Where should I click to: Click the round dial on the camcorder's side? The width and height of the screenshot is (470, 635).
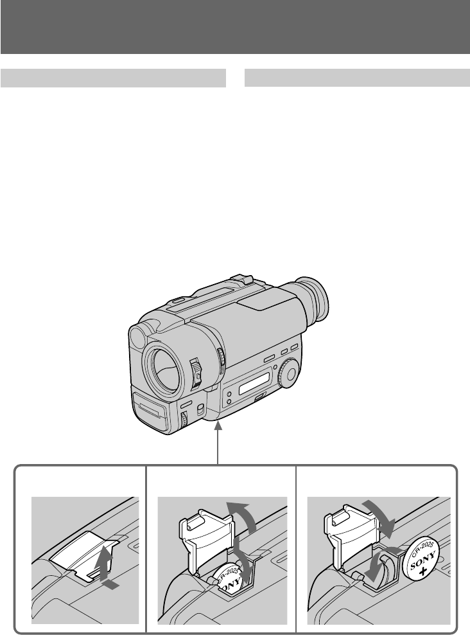[289, 373]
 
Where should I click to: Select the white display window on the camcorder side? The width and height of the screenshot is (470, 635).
[254, 384]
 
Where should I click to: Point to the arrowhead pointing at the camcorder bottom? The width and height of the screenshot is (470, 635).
[218, 426]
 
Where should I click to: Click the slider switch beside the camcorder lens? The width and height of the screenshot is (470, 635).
[196, 371]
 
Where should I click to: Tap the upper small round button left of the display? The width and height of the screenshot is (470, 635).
[229, 394]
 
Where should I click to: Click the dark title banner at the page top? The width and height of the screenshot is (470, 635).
[235, 27]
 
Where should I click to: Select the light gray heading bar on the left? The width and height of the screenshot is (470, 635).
[113, 78]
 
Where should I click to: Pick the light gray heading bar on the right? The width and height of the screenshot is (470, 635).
[357, 78]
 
